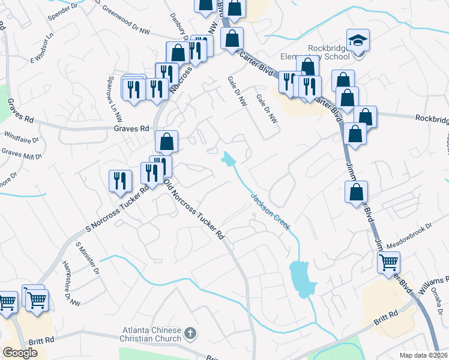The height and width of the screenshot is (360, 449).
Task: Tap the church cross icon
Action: coord(190,333)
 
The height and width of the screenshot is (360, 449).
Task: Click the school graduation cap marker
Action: coord(358,41)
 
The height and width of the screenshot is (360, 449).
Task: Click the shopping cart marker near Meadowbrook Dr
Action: coord(388,262)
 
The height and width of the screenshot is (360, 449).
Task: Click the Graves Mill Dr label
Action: coord(21,154)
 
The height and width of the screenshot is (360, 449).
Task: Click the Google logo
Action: coord(20,353)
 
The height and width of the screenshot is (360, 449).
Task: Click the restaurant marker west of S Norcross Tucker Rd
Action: coord(120,181)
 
